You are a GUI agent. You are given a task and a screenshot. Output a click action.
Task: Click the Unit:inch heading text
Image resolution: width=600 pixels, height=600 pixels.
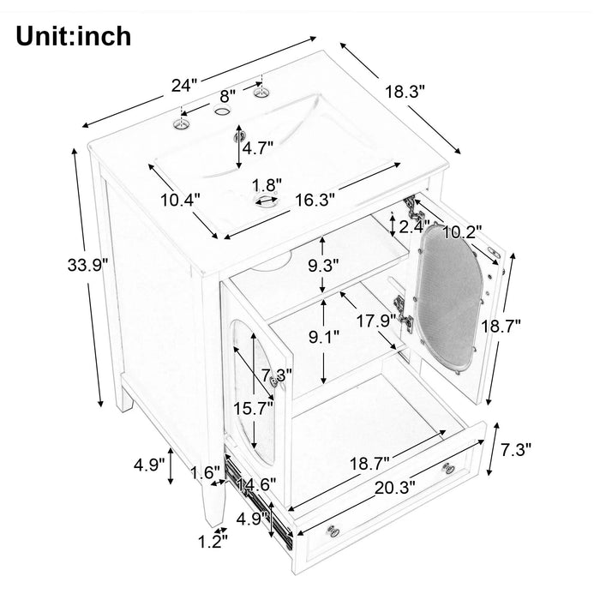point(73,36)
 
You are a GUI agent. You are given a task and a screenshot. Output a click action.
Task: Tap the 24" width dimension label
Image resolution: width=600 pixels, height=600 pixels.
point(183,85)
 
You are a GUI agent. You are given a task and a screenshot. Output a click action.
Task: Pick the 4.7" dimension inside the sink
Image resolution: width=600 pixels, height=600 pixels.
point(257,147)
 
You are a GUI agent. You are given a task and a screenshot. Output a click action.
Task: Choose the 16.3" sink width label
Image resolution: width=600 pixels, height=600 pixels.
point(314,199)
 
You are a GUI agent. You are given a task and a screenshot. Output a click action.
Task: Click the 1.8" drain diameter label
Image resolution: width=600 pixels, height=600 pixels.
point(267,184)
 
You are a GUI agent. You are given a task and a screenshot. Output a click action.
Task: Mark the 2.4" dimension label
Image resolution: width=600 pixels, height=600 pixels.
point(415,228)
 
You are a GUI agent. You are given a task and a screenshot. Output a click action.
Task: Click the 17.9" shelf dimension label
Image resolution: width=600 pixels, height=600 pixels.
point(375,321)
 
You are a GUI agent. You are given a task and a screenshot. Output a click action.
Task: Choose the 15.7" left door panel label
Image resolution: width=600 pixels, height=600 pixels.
point(255,409)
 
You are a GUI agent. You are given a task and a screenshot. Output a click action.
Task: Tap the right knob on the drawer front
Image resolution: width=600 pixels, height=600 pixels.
point(448,467)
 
